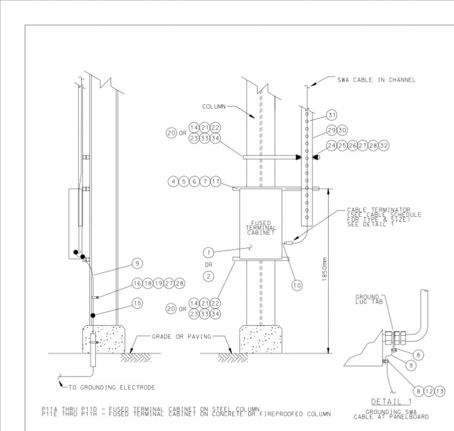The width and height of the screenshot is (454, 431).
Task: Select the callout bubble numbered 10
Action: point(297,285)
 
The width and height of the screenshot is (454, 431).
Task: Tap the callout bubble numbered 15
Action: point(137,303)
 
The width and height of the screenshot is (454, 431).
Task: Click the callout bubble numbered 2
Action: point(207,276)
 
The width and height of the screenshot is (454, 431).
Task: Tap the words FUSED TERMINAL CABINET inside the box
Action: point(261,228)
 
